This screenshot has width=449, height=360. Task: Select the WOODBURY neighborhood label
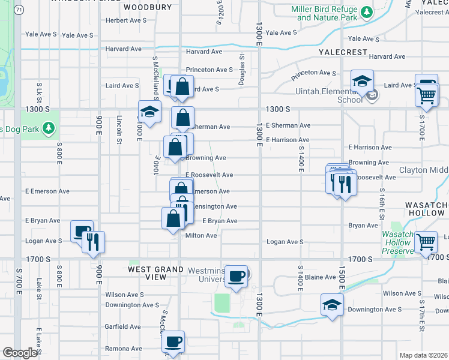point(147,8)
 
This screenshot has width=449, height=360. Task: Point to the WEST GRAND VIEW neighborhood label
point(156,273)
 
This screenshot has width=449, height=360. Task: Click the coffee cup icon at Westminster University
point(237,276)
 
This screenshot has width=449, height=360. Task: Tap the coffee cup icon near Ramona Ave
point(173,342)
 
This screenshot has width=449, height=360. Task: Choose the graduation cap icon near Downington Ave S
point(332,305)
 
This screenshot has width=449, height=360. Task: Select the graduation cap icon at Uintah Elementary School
point(363,81)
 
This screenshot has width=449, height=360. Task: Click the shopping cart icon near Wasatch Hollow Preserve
point(426,242)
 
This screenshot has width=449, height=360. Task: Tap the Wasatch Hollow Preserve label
point(397,242)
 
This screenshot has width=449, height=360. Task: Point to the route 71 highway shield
point(20,10)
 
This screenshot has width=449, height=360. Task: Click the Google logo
point(20,353)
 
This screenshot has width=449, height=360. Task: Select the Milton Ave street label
point(201,236)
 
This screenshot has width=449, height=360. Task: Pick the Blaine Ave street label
point(322,277)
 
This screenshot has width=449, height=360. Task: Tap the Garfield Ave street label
point(123,327)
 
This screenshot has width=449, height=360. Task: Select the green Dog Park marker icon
point(49,128)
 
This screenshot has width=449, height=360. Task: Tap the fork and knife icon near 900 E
point(93,242)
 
